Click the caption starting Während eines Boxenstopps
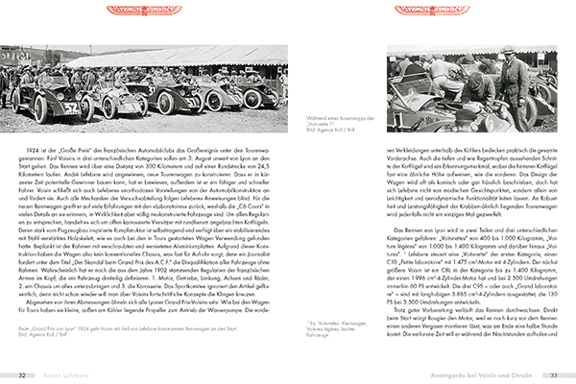point(347,115)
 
